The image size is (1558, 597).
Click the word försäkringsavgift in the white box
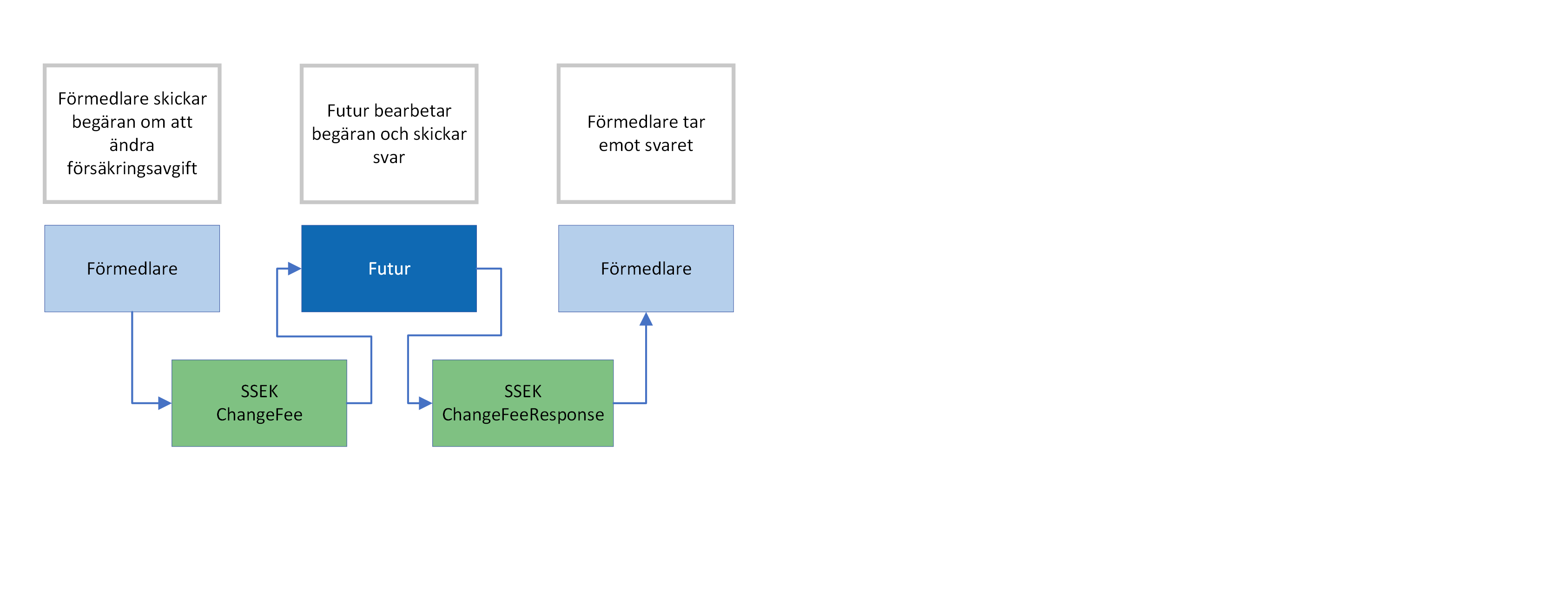click(132, 168)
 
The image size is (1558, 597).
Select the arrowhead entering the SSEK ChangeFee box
click(165, 403)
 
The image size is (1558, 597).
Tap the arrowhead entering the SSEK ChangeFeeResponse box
click(425, 403)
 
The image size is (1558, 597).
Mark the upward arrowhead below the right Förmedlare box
click(646, 319)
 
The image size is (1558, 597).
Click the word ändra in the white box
click(132, 145)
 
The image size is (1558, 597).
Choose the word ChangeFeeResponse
click(522, 414)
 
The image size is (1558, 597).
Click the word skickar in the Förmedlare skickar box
click(179, 98)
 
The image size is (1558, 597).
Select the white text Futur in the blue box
click(389, 269)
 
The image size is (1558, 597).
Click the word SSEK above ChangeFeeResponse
click(522, 392)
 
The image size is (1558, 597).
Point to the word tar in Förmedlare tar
click(694, 122)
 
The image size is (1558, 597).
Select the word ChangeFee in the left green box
click(259, 414)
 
